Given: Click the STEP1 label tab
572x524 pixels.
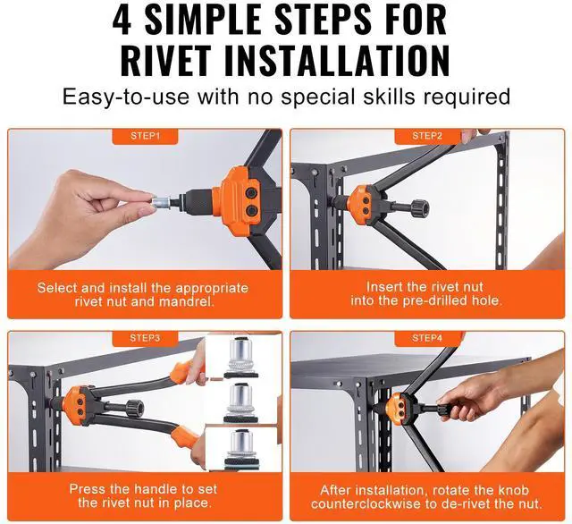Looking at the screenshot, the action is tap(145, 137).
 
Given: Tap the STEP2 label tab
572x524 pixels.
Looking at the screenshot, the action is tap(427, 137).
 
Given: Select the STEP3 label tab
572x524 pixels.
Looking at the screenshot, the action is tap(145, 338).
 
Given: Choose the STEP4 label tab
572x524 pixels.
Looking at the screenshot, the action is tap(427, 338).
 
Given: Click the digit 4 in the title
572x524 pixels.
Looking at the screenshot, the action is tap(122, 20).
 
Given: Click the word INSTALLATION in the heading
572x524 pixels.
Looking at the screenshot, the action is tap(337, 62).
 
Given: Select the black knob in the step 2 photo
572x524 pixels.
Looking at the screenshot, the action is tap(420, 208).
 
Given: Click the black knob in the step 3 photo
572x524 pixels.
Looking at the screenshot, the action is tap(135, 407).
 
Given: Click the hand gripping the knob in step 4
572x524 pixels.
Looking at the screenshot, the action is tap(467, 395).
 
